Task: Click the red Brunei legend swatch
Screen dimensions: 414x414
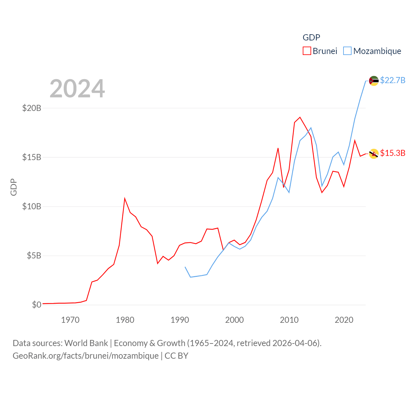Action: [x=307, y=51]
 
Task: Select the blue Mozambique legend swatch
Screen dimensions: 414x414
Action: [x=347, y=51]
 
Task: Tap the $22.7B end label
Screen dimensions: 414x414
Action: [x=393, y=80]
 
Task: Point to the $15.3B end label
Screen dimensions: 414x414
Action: [x=393, y=153]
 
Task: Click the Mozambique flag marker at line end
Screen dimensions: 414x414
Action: [x=374, y=81]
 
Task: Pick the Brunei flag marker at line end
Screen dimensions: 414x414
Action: [x=374, y=154]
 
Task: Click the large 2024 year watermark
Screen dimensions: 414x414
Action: [x=77, y=89]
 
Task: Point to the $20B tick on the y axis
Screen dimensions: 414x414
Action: [x=32, y=108]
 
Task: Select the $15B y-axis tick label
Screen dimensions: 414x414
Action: [x=32, y=157]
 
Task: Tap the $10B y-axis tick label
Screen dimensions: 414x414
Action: [x=32, y=206]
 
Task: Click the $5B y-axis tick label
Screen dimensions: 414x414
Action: [x=34, y=256]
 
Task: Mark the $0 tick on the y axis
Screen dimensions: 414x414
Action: [x=37, y=305]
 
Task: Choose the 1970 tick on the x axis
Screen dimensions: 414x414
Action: [x=70, y=320]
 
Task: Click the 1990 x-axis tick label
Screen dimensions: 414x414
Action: [x=180, y=320]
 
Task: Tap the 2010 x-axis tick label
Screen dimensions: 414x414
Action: [x=289, y=320]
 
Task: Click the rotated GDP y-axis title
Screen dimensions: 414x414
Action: [x=14, y=187]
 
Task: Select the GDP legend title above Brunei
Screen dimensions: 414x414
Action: [x=311, y=38]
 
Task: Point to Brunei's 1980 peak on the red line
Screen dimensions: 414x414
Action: [x=125, y=199]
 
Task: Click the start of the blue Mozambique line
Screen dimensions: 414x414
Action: [x=185, y=267]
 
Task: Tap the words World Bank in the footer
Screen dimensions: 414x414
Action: [x=86, y=343]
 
